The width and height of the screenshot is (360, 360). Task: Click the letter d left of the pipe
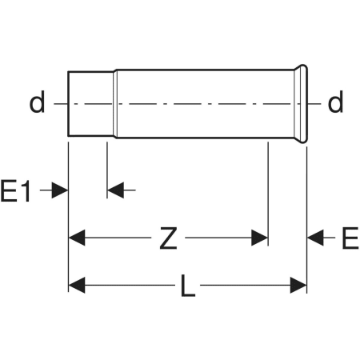point(37,102)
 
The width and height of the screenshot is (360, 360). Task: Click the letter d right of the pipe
point(335,102)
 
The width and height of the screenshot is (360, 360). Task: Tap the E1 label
point(16,191)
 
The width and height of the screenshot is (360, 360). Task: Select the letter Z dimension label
point(168,238)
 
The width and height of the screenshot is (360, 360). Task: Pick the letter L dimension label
point(188,286)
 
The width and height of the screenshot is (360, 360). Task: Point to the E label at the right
point(350,238)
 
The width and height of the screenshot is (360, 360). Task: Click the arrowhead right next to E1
point(60,190)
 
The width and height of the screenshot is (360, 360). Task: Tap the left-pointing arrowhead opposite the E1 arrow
point(116,190)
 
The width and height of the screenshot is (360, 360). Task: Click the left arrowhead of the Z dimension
point(77,238)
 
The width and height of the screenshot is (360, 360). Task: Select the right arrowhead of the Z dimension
point(259,238)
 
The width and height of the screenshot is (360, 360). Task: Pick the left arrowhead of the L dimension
point(77,285)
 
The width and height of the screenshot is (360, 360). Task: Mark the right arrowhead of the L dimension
point(298,285)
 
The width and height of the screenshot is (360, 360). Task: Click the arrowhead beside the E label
point(315,238)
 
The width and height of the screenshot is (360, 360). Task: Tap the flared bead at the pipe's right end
point(302,104)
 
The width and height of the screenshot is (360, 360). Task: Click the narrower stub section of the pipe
point(90,104)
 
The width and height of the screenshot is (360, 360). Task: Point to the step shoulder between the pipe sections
point(115,104)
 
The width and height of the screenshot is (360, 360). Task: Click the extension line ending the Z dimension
point(268,194)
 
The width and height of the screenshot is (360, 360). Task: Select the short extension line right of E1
point(107,170)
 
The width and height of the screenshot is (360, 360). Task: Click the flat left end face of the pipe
point(68,104)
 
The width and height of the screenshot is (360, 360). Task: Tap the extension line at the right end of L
point(307,220)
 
